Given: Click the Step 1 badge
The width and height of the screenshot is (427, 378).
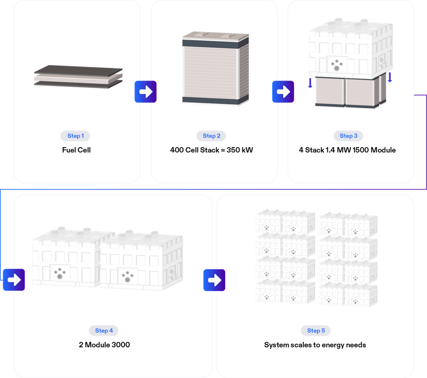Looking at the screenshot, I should point(75,136).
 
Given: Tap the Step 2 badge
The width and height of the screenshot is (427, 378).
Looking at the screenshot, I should point(212,136).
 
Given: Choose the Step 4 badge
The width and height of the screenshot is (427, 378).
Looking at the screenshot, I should point(104,330).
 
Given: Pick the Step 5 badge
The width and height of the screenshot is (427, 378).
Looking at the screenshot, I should point(316,330).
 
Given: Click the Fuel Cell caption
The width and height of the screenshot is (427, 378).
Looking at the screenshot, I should point(75,150).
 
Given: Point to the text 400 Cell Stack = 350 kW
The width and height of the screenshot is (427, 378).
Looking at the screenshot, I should point(212,150).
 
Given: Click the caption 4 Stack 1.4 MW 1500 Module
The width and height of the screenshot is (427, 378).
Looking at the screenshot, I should point(347,150).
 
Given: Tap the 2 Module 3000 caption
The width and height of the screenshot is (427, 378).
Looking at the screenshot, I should point(104,345).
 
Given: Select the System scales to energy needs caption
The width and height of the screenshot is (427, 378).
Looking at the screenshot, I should point(315,345).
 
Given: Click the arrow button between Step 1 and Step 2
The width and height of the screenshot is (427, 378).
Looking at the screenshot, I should point(145,92).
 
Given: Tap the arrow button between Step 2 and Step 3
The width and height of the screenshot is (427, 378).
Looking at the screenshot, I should point(283,92).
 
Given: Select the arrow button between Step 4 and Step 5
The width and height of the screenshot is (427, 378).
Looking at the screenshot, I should point(214,280).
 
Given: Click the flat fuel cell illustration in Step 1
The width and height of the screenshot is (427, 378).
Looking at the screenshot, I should point(78,77).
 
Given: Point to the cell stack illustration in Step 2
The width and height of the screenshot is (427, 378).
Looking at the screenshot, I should point(215,68).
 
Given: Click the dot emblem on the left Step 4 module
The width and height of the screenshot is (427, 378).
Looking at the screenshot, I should point(60,273).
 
